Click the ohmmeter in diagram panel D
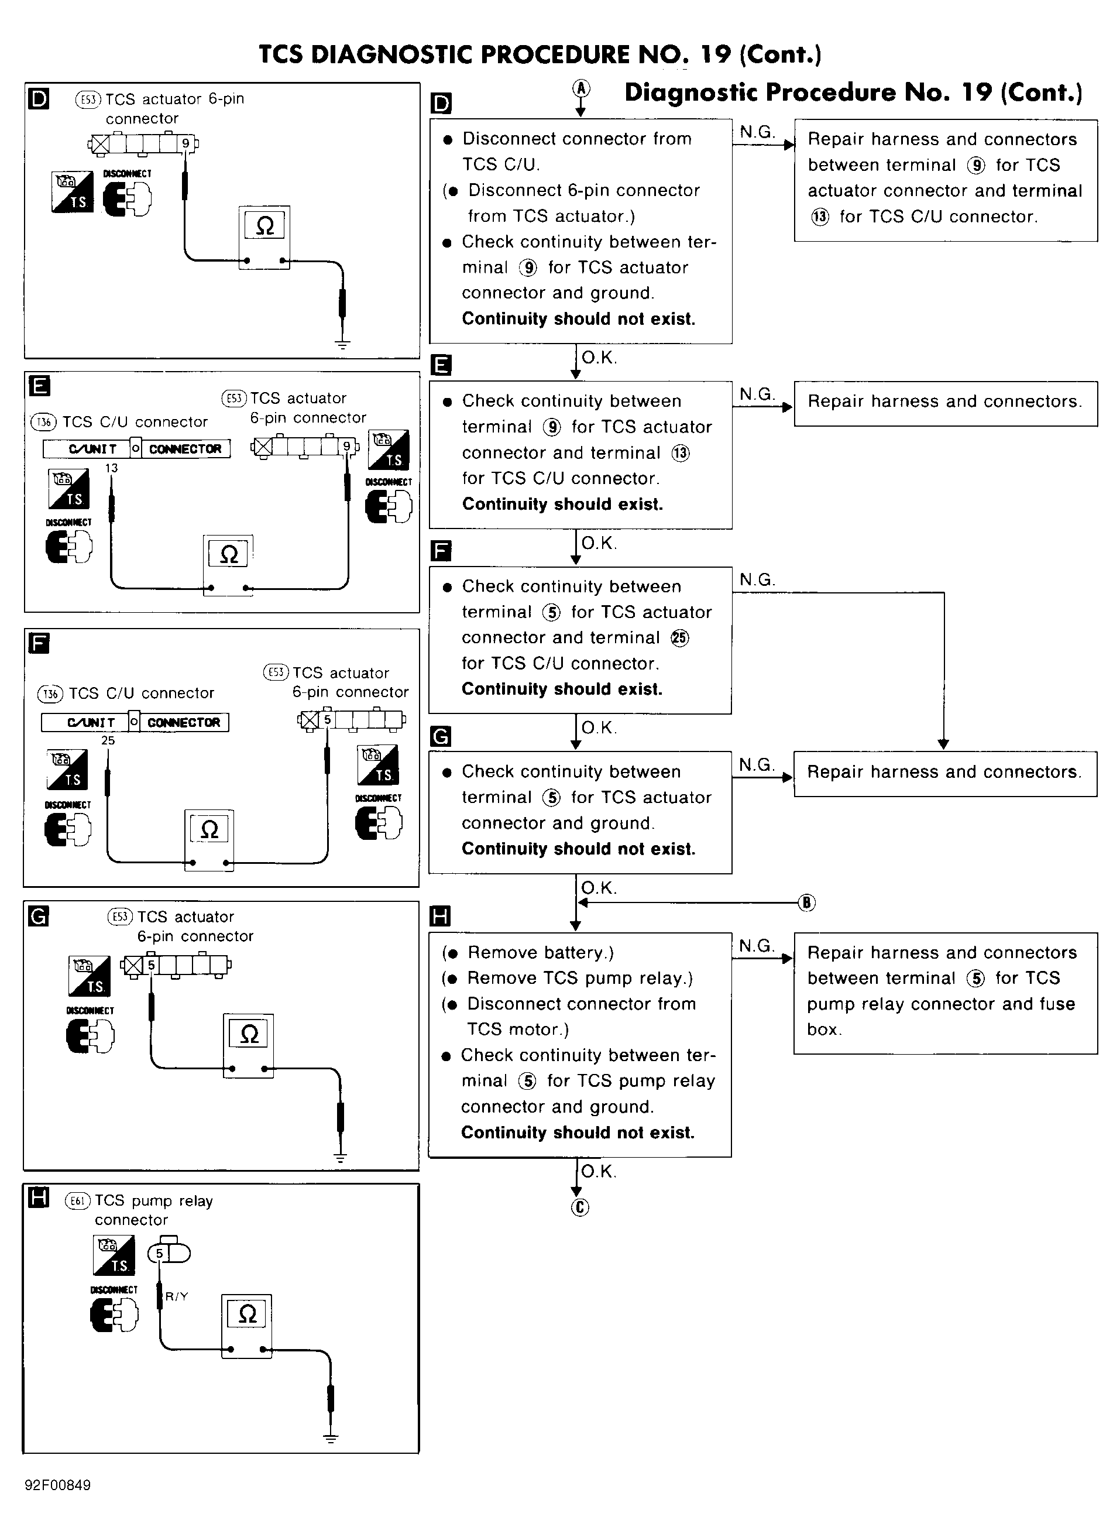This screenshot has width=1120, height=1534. (264, 238)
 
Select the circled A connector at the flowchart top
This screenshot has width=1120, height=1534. (581, 88)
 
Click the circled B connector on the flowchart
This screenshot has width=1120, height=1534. (806, 902)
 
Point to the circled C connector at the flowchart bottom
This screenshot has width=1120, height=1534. (580, 1207)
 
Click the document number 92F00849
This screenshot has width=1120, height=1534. (57, 1485)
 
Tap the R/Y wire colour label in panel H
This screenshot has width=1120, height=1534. (177, 1296)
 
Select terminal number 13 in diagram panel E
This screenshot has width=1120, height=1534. (111, 468)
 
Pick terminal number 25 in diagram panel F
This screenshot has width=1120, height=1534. (108, 740)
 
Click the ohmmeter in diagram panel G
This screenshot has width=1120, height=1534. (249, 1046)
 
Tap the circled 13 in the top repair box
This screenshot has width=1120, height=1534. (820, 217)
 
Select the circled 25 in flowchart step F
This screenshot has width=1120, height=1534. (679, 638)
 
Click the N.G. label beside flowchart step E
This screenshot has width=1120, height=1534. (757, 394)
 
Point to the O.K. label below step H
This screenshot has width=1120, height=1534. (599, 1171)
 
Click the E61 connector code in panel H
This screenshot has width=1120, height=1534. (77, 1201)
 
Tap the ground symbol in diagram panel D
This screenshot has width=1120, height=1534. (342, 345)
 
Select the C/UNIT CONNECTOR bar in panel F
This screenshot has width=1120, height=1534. (135, 722)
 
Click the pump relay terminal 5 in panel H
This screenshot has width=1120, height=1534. (159, 1254)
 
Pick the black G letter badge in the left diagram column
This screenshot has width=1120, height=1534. (39, 917)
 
